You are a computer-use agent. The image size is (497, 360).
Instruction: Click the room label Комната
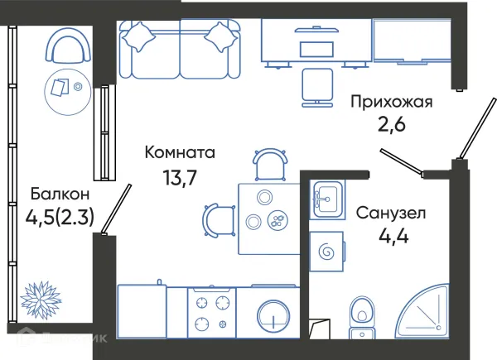point(180,152)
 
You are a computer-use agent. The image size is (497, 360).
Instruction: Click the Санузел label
point(391,214)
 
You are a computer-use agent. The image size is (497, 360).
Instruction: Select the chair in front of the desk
point(318,86)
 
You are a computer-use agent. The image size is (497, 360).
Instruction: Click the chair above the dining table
point(269,164)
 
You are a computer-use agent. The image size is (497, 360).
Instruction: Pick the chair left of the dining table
point(217,219)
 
